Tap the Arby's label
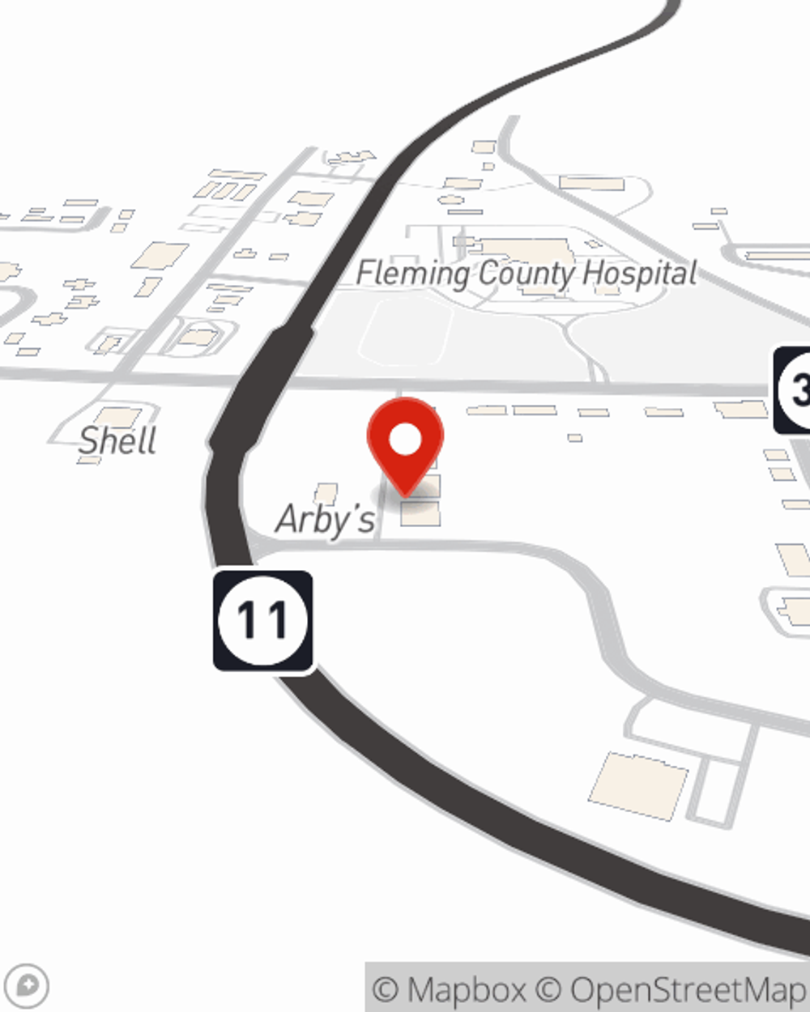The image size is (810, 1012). click(326, 520)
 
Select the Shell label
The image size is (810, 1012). click(118, 441)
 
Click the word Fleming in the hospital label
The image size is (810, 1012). click(412, 274)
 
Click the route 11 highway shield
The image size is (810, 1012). click(262, 621)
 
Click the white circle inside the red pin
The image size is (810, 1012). click(406, 440)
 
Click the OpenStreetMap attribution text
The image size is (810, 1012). click(687, 989)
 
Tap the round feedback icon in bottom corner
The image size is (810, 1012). click(31, 985)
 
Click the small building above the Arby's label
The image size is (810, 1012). click(326, 492)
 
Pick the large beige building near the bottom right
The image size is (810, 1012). click(638, 785)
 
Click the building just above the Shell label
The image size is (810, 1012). click(118, 417)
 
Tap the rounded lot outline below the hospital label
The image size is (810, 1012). click(405, 332)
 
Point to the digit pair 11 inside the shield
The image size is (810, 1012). click(262, 621)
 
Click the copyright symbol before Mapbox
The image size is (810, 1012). click(386, 989)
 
